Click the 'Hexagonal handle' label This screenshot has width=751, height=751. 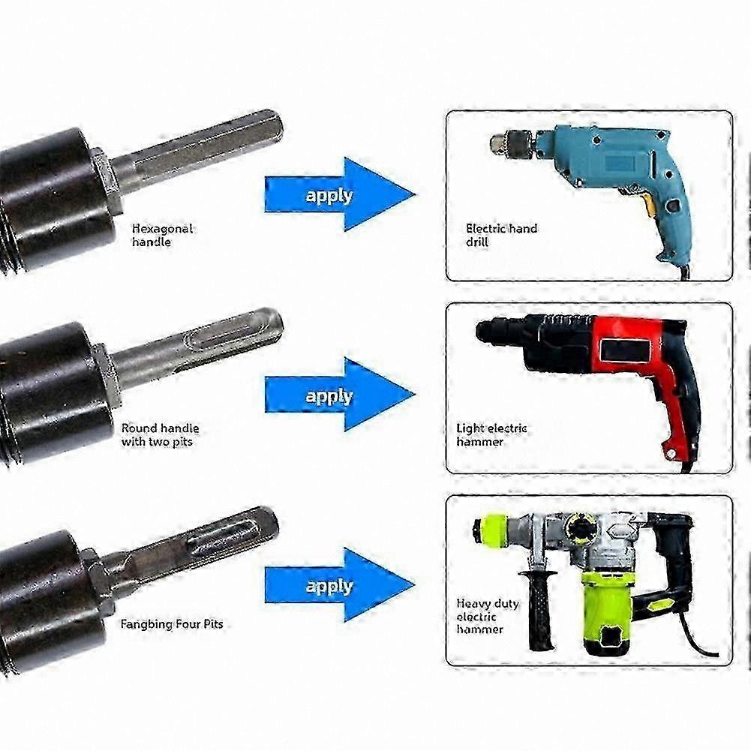click(162, 235)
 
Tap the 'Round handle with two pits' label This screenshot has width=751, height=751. click(160, 435)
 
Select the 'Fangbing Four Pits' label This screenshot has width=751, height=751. click(172, 624)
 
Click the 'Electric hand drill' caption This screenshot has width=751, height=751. click(501, 235)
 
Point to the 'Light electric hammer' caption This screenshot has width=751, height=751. click(491, 435)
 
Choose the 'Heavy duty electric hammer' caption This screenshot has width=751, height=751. click(488, 616)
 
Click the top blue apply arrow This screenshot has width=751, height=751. click(340, 194)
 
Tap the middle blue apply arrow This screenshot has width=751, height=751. click(340, 395)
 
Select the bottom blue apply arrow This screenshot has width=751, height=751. click(340, 584)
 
